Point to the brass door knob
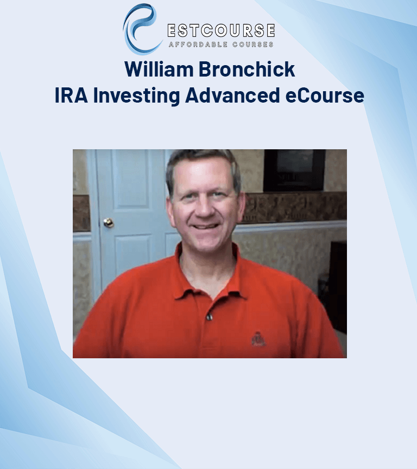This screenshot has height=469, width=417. pyautogui.click(x=109, y=223)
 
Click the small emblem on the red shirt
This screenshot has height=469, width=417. pyautogui.click(x=258, y=339)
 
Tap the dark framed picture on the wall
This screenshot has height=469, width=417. pyautogui.click(x=294, y=170)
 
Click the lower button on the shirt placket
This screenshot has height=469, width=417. pyautogui.click(x=208, y=316)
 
